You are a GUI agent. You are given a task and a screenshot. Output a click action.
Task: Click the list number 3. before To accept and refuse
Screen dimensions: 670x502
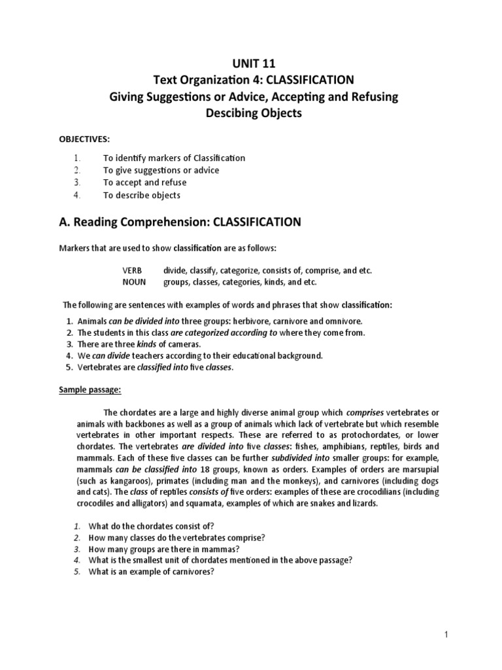[x=76, y=183]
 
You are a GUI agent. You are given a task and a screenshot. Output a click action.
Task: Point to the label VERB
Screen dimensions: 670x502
[x=132, y=270]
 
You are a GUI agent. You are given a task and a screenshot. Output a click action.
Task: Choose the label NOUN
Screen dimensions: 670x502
[x=133, y=282]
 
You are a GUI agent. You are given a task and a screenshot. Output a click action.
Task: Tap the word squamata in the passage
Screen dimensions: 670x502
[x=282, y=504]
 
